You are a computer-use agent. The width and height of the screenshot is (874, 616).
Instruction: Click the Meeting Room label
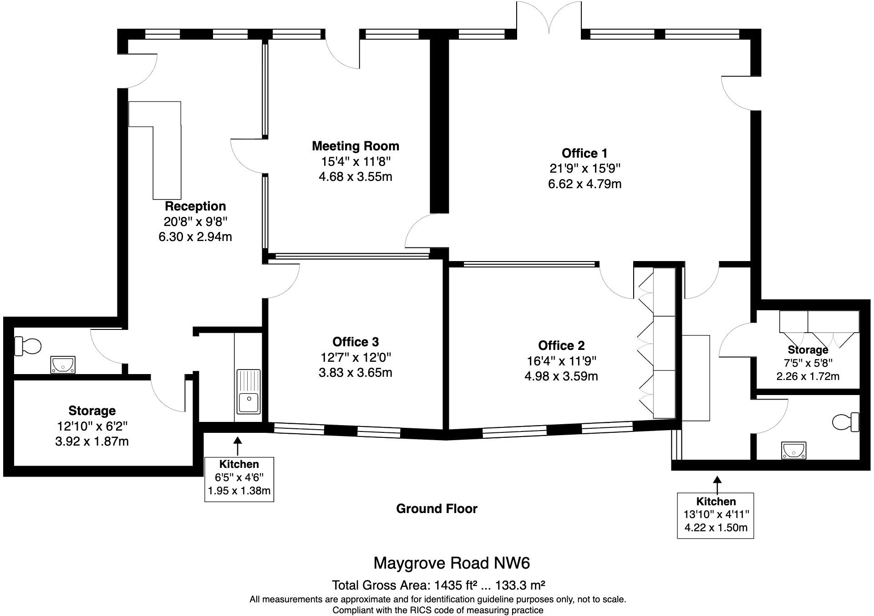pyautogui.click(x=355, y=146)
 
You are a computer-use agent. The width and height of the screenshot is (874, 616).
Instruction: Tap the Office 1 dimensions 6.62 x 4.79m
pyautogui.click(x=584, y=184)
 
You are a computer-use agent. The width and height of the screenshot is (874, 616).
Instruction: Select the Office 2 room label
pyautogui.click(x=561, y=345)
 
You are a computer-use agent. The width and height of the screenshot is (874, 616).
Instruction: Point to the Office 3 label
pyautogui.click(x=355, y=342)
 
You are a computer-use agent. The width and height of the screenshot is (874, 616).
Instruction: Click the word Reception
pyautogui.click(x=195, y=206)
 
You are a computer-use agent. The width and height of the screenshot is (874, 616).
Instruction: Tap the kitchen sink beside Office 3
pyautogui.click(x=249, y=392)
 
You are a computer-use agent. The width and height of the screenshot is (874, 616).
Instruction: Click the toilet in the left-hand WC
pyautogui.click(x=28, y=346)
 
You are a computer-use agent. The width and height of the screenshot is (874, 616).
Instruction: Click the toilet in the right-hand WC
pyautogui.click(x=846, y=422)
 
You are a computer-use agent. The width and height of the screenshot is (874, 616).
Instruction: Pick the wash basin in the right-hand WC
pyautogui.click(x=794, y=450)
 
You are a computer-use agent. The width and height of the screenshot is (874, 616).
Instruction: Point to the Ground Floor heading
pyautogui.click(x=437, y=509)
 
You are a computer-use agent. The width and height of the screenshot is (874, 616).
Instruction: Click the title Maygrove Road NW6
pyautogui.click(x=452, y=563)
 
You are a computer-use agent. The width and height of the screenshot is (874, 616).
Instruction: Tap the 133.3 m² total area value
pyautogui.click(x=520, y=585)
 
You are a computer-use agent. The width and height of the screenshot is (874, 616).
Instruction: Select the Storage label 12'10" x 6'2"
pyautogui.click(x=91, y=411)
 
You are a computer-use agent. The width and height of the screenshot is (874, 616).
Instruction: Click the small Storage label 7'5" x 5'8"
pyautogui.click(x=808, y=350)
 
